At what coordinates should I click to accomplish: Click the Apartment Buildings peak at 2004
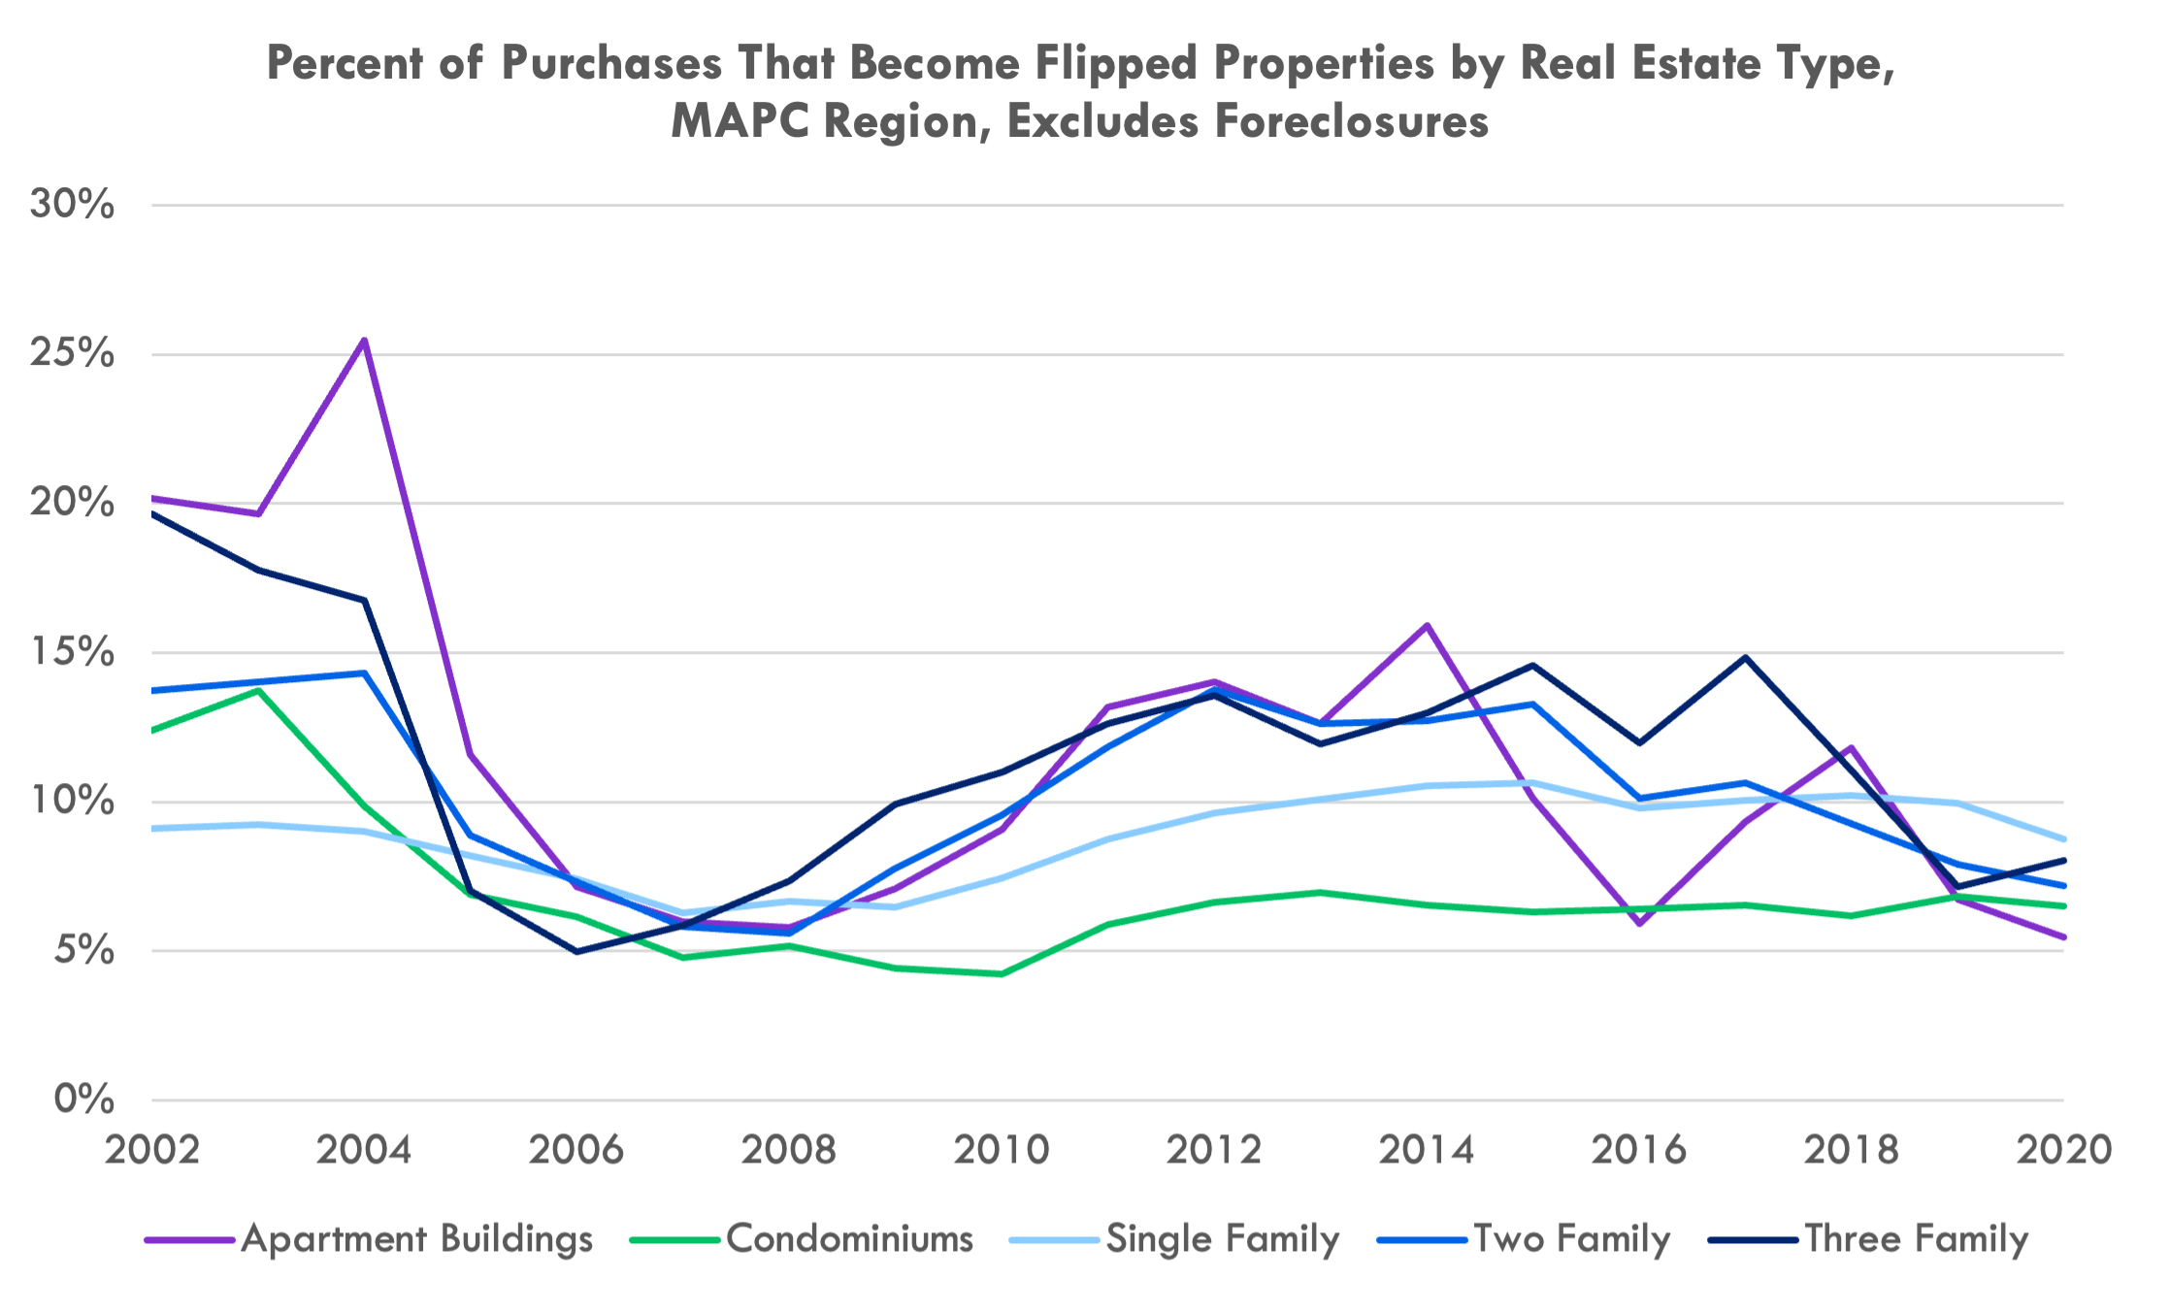coord(365,340)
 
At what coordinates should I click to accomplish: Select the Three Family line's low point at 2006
coord(577,951)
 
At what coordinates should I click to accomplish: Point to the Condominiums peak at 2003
coord(258,690)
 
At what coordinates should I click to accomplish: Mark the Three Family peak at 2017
coord(1746,658)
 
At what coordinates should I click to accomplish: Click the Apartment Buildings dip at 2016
coord(1639,924)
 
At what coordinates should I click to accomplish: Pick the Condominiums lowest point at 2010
coord(1002,973)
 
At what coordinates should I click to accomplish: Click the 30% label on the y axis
coord(73,205)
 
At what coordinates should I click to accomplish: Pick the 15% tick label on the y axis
coord(73,652)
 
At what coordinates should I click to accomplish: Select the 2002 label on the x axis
coord(152,1150)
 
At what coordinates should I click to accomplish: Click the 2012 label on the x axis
coord(1214,1150)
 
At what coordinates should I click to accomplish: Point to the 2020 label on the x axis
coord(2063,1150)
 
